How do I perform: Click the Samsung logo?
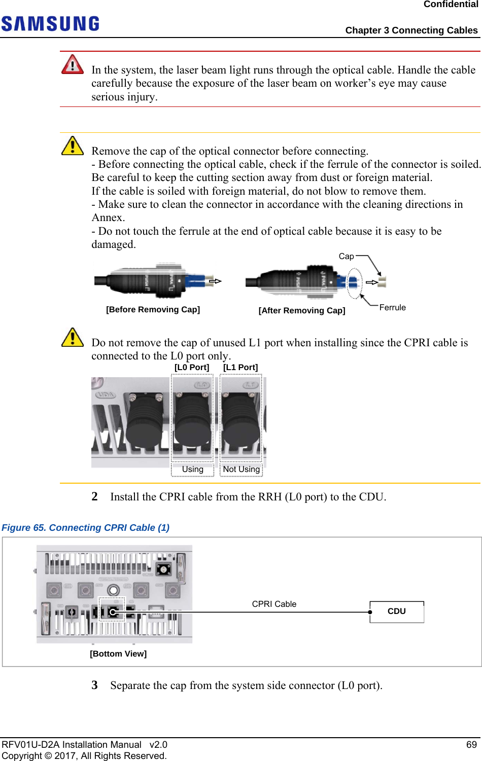click(x=50, y=24)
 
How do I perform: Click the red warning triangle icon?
click(x=73, y=64)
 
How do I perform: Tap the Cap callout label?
click(x=346, y=257)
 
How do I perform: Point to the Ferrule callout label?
click(x=392, y=308)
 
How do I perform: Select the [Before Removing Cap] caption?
click(x=153, y=310)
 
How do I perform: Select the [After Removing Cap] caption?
click(x=302, y=311)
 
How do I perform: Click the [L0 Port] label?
click(x=192, y=368)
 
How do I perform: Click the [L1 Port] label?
click(x=240, y=368)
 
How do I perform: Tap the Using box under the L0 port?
click(x=193, y=469)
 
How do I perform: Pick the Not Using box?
click(x=242, y=469)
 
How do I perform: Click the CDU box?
click(x=397, y=611)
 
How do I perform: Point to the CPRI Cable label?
click(x=274, y=604)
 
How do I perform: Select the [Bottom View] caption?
click(x=118, y=654)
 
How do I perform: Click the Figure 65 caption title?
click(x=86, y=528)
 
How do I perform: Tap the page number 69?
click(x=472, y=745)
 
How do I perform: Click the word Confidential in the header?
click(x=451, y=5)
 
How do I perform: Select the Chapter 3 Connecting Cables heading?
click(x=411, y=30)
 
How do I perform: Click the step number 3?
click(x=95, y=685)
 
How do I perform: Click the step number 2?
click(x=95, y=497)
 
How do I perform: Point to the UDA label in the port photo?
click(x=106, y=394)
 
